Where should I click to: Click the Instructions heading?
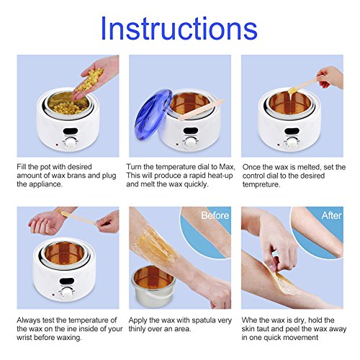(179, 28)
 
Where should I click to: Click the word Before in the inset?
(215, 215)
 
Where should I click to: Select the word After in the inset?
(331, 215)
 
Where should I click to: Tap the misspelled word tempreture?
(261, 184)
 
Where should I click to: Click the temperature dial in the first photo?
(71, 143)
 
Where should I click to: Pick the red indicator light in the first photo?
(57, 145)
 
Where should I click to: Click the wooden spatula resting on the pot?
(201, 109)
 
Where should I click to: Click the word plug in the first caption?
(109, 176)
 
